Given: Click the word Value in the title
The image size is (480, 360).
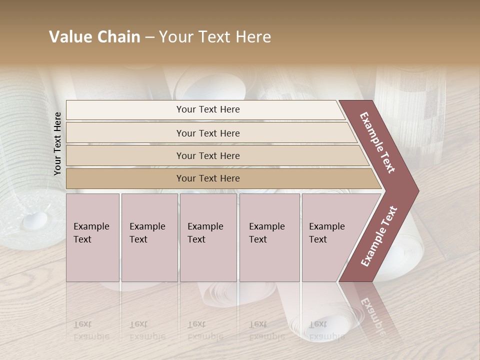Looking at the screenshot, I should coord(69,37).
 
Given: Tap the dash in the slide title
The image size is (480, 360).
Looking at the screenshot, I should coord(149,37).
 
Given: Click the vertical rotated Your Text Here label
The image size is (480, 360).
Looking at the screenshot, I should coord(57,143).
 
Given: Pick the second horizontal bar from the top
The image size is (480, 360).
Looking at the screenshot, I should coord(207,133).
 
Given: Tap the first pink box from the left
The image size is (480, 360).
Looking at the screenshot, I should coord(92,237).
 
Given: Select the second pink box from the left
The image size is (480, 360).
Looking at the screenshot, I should coord(149,237).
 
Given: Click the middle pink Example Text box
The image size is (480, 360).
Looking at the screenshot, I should coord(208,237).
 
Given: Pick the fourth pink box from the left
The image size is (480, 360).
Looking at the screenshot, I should coord(269,237).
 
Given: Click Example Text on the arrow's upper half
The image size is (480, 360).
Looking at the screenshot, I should coord(377,142).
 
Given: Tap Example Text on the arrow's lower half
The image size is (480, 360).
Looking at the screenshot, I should coord(379,236).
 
